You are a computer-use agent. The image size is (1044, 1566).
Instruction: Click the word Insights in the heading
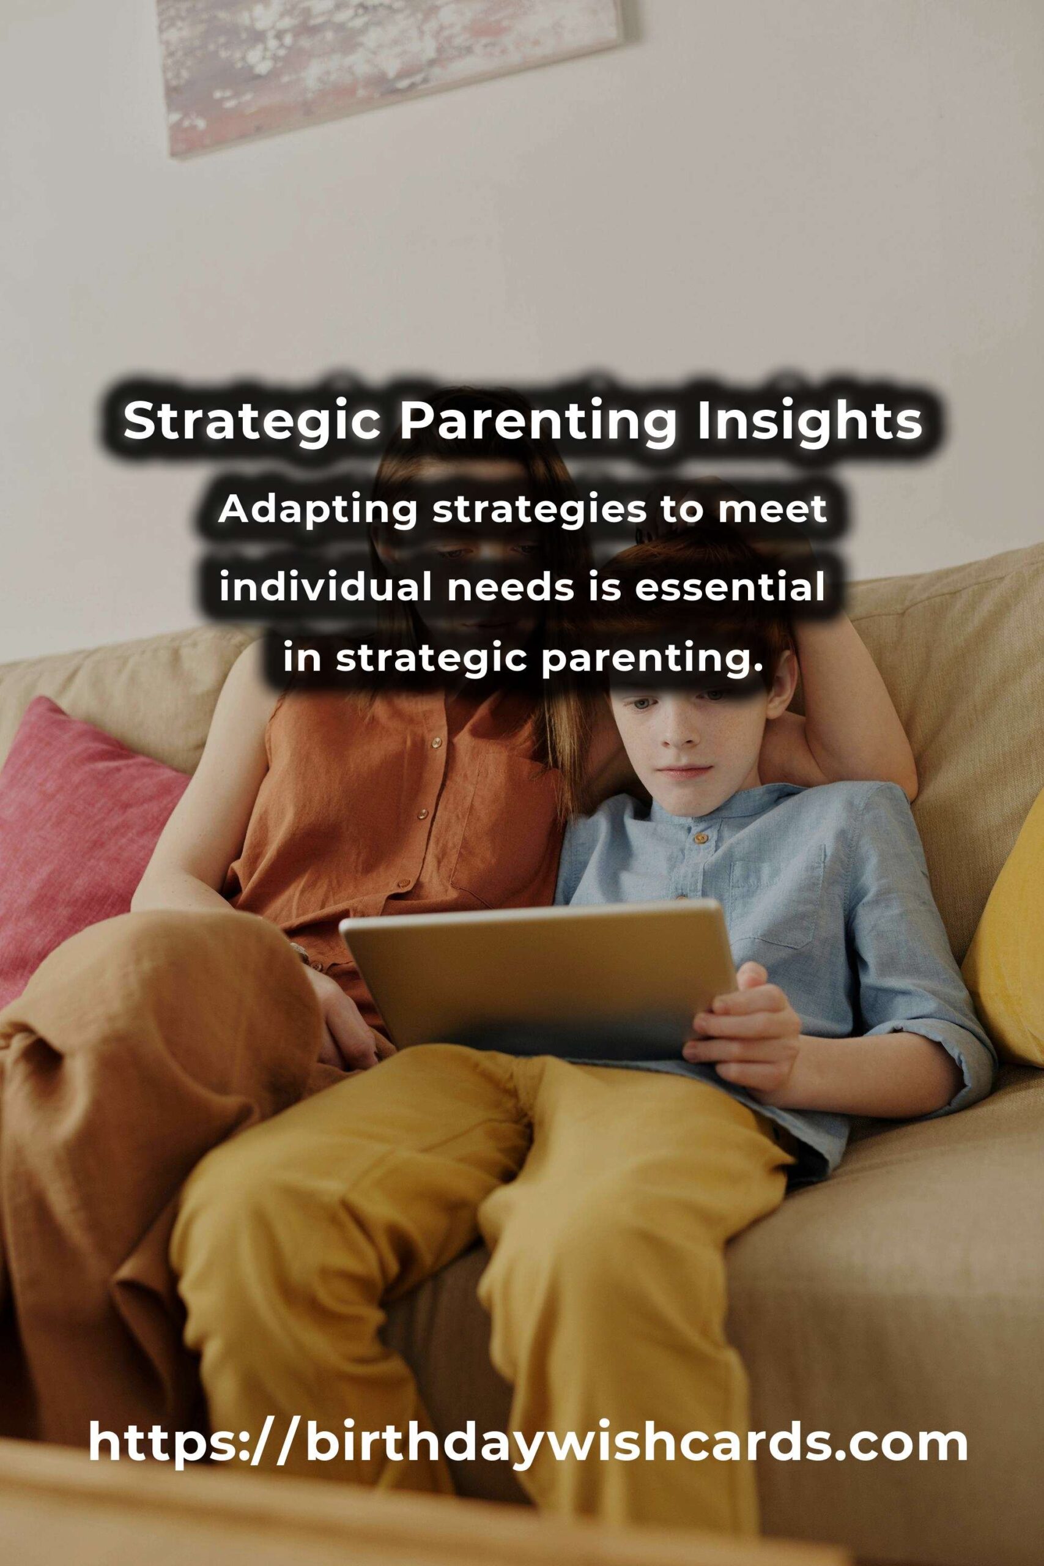point(810,422)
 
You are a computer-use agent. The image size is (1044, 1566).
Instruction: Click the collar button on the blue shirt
point(698,837)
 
